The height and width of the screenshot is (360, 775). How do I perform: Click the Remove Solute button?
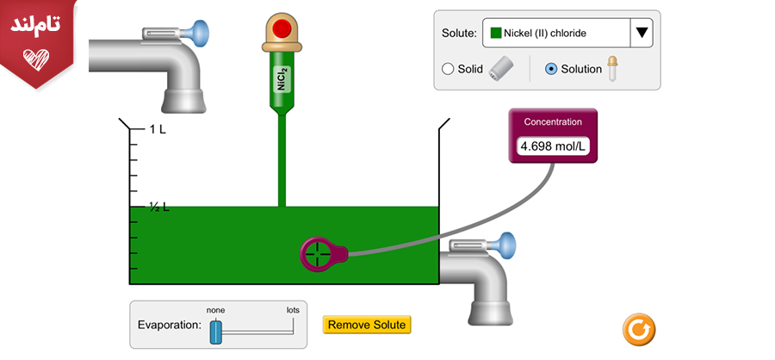click(367, 325)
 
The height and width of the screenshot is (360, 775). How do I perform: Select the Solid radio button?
click(448, 69)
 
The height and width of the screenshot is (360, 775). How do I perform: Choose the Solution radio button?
click(552, 69)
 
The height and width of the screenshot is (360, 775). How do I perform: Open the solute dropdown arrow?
click(642, 34)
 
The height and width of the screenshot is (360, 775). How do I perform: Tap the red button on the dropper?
click(281, 28)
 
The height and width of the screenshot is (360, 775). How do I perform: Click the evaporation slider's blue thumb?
click(216, 332)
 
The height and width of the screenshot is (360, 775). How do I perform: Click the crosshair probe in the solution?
click(316, 253)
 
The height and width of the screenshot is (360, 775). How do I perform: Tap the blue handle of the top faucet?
click(201, 33)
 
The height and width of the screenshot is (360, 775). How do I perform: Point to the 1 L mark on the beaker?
click(158, 129)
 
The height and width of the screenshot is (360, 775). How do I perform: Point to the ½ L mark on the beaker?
click(158, 208)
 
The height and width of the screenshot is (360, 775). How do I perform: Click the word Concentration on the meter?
click(553, 121)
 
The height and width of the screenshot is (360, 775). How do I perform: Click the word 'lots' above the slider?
click(294, 310)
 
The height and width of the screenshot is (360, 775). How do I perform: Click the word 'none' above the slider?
click(215, 310)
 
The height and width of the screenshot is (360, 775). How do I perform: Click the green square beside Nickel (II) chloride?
click(496, 34)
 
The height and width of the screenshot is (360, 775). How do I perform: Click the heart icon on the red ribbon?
click(35, 59)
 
